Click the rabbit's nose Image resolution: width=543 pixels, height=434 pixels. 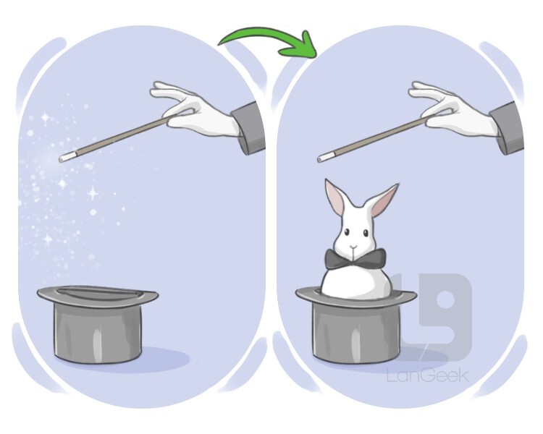point(353,247)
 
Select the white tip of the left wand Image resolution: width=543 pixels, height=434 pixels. point(63,158)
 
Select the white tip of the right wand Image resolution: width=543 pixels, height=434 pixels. point(322,158)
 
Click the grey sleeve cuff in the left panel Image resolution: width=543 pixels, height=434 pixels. point(249,128)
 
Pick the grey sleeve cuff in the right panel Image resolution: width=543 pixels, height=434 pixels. point(507,128)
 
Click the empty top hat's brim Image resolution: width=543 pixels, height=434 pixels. point(98,295)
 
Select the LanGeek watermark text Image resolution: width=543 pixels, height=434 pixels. point(428,375)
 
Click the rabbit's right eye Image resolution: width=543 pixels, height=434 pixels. point(366,234)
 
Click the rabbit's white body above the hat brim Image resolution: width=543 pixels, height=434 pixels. point(355,282)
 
